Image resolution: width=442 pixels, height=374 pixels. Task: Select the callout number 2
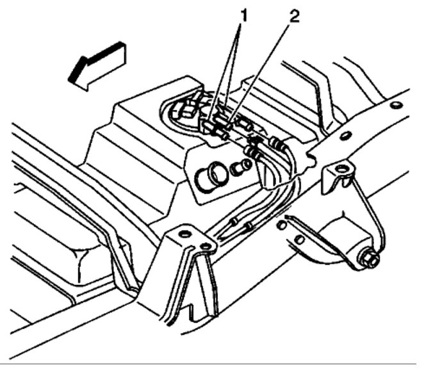pyautogui.click(x=293, y=17)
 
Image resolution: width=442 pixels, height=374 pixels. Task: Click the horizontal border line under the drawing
pyautogui.click(x=221, y=364)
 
